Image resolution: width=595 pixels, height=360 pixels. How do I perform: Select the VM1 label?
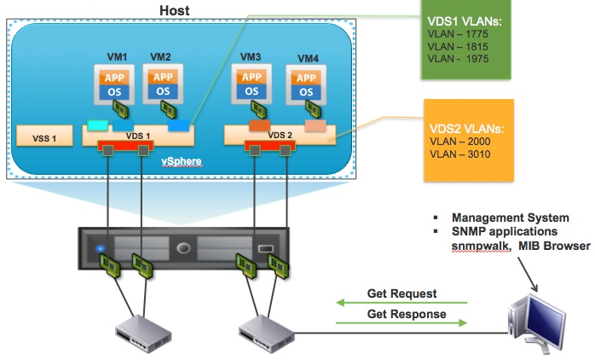pyautogui.click(x=116, y=56)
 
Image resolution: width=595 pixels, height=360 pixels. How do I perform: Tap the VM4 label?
pyautogui.click(x=309, y=58)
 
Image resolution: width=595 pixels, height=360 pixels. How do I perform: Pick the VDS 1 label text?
pyautogui.click(x=137, y=135)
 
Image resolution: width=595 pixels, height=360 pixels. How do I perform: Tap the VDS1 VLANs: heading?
pyautogui.click(x=464, y=19)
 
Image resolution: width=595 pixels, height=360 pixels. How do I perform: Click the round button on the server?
pyautogui.click(x=182, y=250)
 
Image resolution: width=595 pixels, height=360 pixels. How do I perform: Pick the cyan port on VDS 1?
pyautogui.click(x=98, y=125)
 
